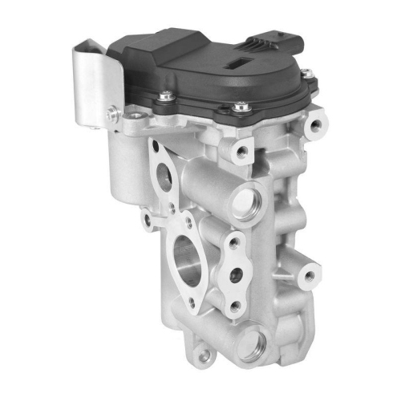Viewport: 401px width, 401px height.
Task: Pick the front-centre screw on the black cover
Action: (238, 105)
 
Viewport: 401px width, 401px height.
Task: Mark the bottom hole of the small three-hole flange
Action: (234, 305)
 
